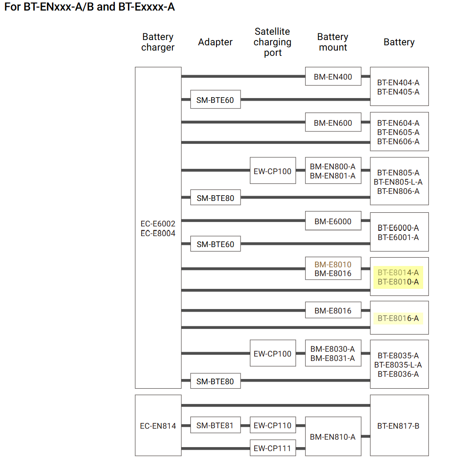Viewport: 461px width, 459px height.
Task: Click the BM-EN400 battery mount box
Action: tap(333, 76)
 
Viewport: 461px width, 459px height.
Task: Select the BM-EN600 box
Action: tap(333, 123)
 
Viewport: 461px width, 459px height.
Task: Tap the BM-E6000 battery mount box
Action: tap(333, 221)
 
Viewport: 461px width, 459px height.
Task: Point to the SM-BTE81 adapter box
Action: tap(215, 425)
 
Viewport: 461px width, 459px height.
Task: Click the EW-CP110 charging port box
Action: tap(273, 425)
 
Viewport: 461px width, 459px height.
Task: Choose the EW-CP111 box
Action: tap(273, 448)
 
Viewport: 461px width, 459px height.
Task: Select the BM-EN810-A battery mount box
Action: tap(333, 437)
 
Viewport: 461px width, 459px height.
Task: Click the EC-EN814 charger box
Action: tap(158, 426)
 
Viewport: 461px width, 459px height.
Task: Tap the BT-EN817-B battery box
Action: tap(399, 426)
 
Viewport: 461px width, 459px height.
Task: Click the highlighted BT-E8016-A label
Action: tap(398, 318)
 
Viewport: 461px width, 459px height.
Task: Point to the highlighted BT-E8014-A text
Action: tap(398, 273)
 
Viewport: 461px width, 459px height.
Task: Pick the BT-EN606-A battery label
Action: tap(398, 142)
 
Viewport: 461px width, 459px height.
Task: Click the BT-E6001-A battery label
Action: tap(398, 237)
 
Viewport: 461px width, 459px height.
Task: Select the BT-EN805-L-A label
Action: tap(398, 182)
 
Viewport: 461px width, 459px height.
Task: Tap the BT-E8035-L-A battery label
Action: tap(398, 364)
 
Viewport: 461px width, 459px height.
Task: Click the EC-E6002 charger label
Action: tap(158, 224)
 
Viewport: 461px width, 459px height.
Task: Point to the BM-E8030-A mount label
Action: tap(333, 349)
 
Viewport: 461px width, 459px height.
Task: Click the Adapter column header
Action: tap(215, 42)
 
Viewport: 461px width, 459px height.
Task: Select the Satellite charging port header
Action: tap(273, 42)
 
